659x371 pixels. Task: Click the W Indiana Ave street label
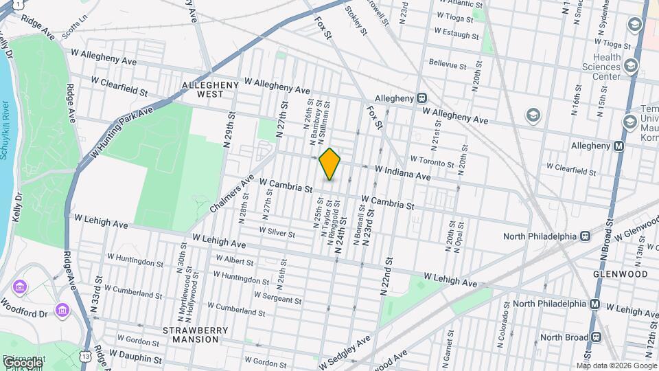tap(402, 172)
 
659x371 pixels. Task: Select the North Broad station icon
tap(595, 337)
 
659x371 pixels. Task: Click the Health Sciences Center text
tap(601, 67)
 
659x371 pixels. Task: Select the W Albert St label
tap(234, 260)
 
